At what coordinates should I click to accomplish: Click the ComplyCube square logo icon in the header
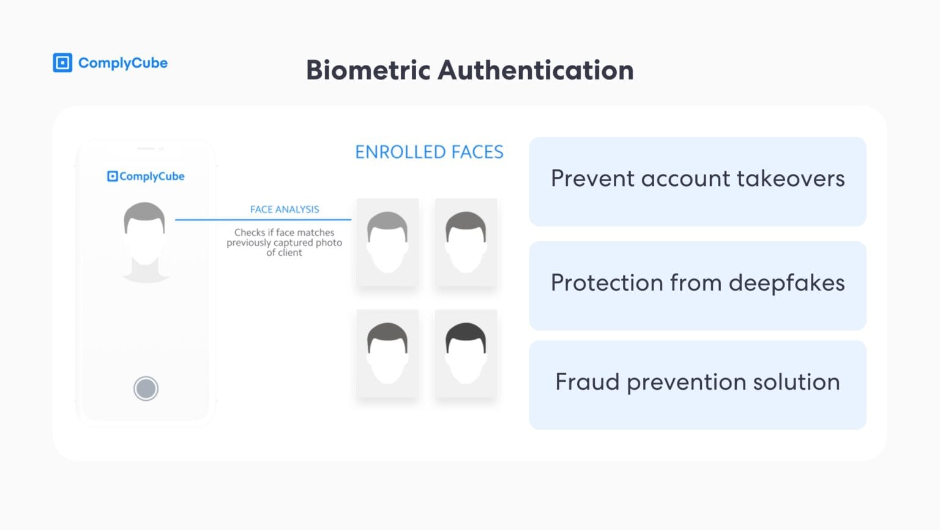62,63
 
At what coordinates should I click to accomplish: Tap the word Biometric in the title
368,70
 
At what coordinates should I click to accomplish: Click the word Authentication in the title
535,70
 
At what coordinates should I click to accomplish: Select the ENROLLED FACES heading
429,152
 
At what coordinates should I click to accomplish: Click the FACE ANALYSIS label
285,209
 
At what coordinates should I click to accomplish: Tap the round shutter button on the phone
146,389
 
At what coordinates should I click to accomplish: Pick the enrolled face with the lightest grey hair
387,242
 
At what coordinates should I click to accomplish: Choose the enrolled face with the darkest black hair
466,353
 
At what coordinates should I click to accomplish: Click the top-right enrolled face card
466,242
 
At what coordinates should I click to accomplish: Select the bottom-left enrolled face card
387,353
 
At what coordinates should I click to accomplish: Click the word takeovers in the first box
791,179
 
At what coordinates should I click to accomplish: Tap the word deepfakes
786,283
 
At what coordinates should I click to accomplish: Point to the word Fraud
587,382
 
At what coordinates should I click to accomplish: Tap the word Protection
606,283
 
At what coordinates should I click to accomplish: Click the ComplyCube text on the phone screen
152,176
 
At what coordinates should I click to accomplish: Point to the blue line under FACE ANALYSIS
263,219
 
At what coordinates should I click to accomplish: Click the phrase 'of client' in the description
284,253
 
